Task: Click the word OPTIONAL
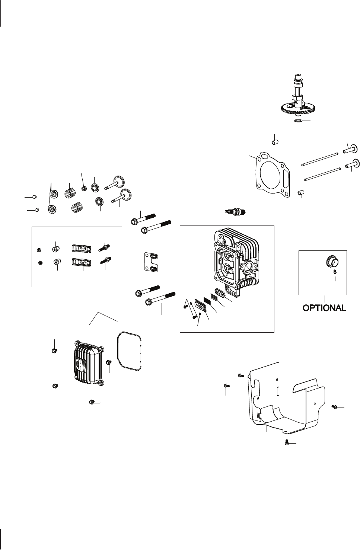click(x=324, y=308)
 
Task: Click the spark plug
click(x=235, y=211)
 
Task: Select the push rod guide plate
click(x=150, y=262)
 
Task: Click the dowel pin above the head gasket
click(x=274, y=142)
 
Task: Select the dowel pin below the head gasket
click(x=301, y=192)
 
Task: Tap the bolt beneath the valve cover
click(x=92, y=402)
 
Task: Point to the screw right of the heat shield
click(x=334, y=407)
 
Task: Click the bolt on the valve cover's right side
click(x=109, y=362)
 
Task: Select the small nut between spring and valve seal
click(x=84, y=188)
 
